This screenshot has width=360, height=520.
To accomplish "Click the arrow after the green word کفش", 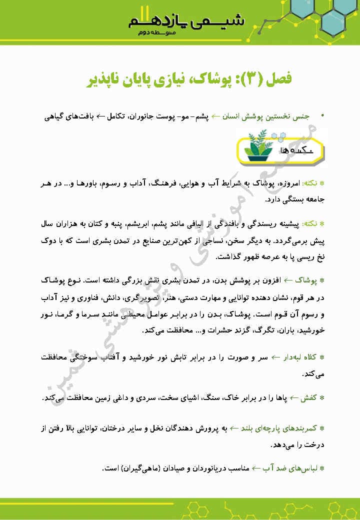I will click(x=293, y=398).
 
